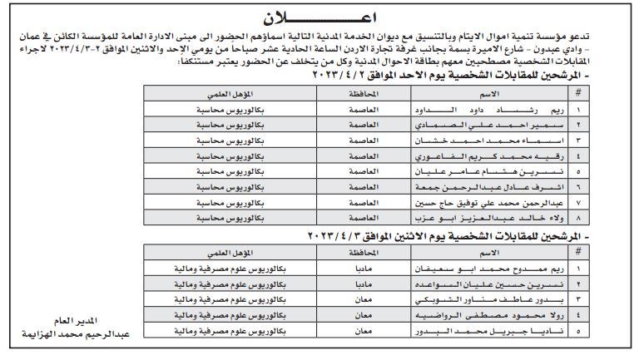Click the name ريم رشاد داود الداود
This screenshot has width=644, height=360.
click(x=471, y=108)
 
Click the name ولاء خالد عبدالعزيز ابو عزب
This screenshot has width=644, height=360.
click(x=471, y=218)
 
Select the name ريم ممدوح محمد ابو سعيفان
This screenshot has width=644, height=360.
click(x=471, y=269)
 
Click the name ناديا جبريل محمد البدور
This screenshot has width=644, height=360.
click(x=471, y=330)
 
